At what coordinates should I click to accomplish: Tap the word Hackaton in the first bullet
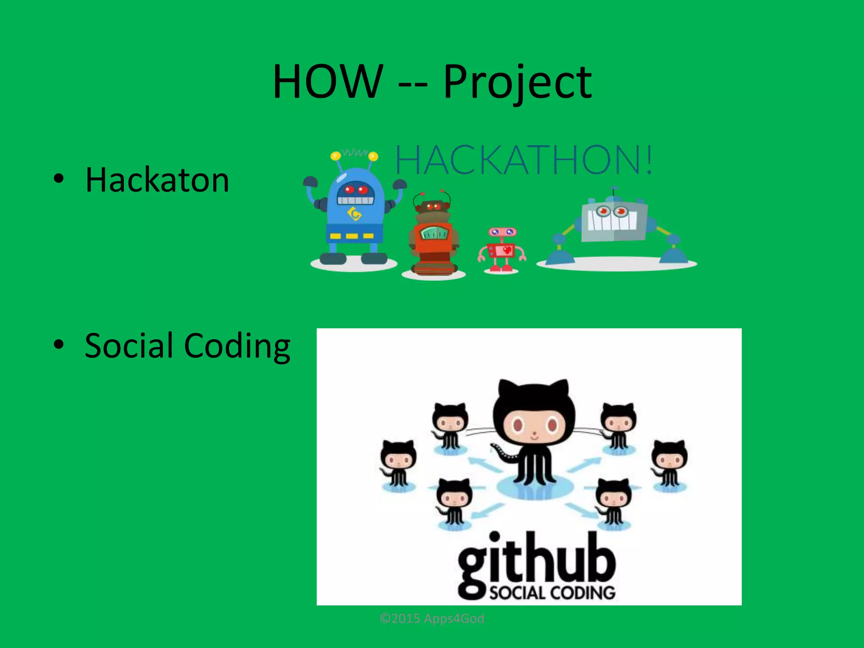tap(157, 180)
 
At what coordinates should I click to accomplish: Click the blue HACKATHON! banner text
tap(524, 160)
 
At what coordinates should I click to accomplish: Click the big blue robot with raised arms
tap(355, 211)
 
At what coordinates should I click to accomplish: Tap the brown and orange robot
tap(433, 236)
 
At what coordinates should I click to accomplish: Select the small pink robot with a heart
tap(501, 249)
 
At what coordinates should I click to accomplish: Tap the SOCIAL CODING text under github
tap(552, 593)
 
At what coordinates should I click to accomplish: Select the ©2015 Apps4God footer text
tap(432, 618)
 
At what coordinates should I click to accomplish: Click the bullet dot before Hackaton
tap(59, 179)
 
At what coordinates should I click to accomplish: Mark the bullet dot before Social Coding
tap(59, 344)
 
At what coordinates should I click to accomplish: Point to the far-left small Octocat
tap(397, 464)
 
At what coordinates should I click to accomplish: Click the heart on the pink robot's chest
tap(507, 250)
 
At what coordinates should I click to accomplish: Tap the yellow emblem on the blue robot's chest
tap(355, 215)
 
